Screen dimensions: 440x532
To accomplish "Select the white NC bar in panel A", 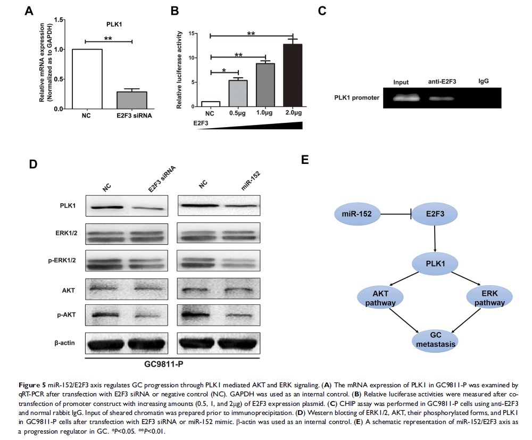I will coord(87,79).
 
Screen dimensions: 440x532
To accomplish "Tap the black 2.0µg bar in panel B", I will coord(293,76).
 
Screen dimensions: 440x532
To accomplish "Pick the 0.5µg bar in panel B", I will coord(238,93).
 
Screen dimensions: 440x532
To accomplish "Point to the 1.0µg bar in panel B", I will coord(265,85).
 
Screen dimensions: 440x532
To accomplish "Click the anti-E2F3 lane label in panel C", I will coord(443,81).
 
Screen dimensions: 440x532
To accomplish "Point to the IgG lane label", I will coord(484,81).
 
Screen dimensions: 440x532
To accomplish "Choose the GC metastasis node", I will coord(435,339).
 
